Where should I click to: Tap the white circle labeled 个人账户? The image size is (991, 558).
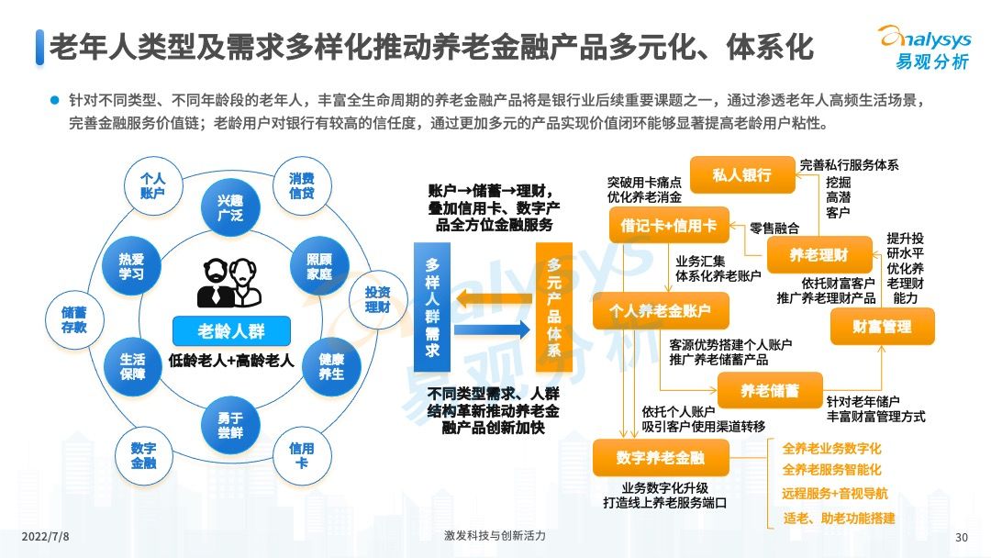[x=152, y=185]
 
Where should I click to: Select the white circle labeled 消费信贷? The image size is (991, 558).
[x=302, y=185]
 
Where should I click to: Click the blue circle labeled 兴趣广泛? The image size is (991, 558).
[x=229, y=208]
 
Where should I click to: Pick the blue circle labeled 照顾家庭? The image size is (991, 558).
[x=318, y=266]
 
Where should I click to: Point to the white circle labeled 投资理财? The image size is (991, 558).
[x=377, y=299]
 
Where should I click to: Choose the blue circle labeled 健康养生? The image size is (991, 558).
[x=331, y=366]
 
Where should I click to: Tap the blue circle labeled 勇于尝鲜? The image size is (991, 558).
[x=229, y=425]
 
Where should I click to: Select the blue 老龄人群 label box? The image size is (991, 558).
[x=230, y=331]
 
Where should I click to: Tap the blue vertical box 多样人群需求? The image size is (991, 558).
[x=432, y=307]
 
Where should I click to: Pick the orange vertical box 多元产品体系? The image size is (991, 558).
[x=554, y=307]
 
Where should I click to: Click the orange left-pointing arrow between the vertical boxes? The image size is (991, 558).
[x=492, y=296]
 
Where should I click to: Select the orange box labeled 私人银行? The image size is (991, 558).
[x=741, y=174]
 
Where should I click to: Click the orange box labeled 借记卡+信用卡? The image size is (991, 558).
[x=668, y=225]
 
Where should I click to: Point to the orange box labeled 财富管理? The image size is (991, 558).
[x=882, y=326]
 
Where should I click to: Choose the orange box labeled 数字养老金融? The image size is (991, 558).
[x=661, y=457]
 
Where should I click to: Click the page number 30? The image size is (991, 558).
[x=962, y=537]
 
